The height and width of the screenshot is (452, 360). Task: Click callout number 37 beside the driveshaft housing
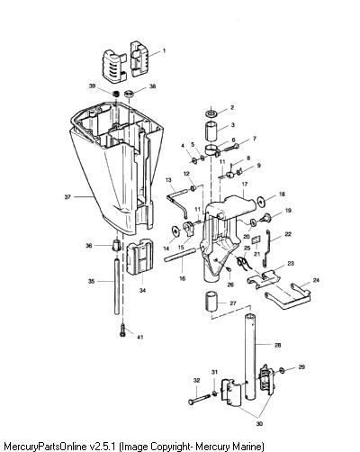(67, 197)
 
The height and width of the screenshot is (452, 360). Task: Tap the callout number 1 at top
(164, 51)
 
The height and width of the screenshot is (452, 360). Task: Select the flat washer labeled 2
(212, 113)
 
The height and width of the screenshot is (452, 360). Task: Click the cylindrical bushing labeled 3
(211, 131)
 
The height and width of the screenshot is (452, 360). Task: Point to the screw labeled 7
(230, 148)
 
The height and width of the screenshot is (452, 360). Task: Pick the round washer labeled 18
(262, 202)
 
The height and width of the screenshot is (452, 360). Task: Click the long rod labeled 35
(117, 286)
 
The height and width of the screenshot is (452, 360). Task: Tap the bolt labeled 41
(122, 330)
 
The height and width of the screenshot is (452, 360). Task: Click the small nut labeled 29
(282, 370)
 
